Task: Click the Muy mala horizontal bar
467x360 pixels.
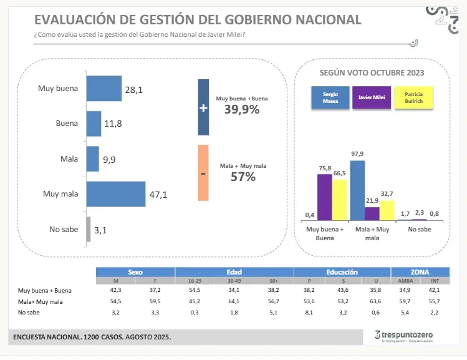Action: point(115,194)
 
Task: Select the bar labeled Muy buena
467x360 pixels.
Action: point(104,89)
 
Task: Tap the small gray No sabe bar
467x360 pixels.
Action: point(89,229)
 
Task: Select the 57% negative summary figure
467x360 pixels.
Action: point(243,177)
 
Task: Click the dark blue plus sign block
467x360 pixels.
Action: point(203,107)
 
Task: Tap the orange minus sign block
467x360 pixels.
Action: point(203,173)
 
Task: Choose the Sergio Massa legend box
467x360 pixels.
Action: point(330,97)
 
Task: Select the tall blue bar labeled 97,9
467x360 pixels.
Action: point(357,190)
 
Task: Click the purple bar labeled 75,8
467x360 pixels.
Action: point(324,197)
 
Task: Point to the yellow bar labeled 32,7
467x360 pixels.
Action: point(387,210)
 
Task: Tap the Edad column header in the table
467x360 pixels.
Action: point(234,273)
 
